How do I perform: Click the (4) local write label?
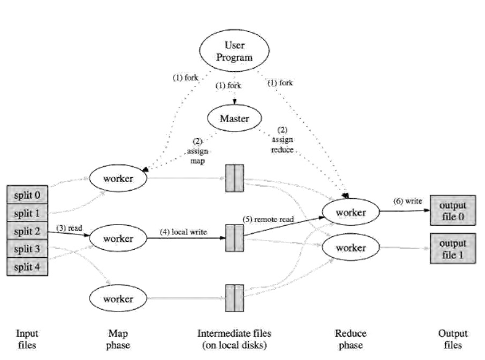point(184,231)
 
